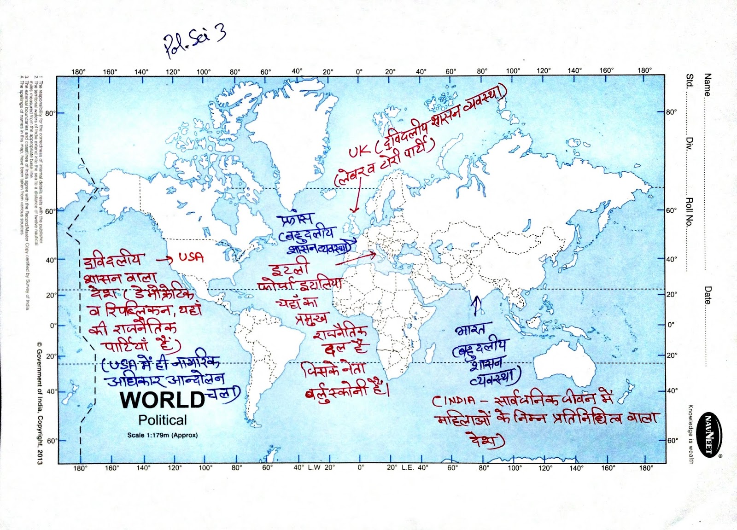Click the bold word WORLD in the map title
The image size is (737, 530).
(163, 400)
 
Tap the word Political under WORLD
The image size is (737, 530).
(163, 420)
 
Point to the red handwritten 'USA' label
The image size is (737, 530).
(191, 257)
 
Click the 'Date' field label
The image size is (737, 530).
(708, 295)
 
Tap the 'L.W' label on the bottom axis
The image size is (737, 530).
(314, 467)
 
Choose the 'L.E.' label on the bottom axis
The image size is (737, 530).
(408, 467)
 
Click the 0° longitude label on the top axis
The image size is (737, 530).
(359, 71)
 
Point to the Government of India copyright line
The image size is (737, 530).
(39, 403)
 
